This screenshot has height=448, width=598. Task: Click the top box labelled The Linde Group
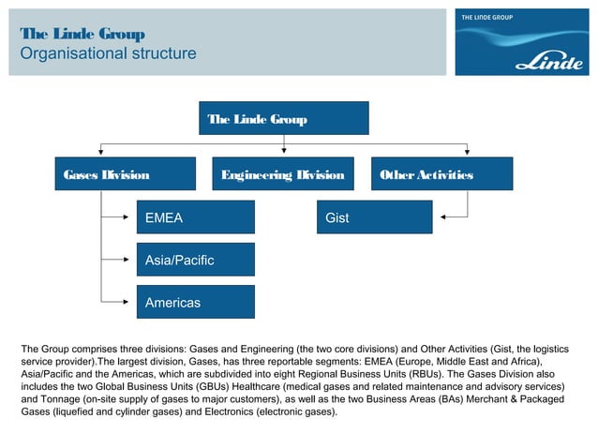[x=287, y=118]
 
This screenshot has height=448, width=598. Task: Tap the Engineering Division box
[x=282, y=173]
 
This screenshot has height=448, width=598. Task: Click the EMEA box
[x=195, y=217]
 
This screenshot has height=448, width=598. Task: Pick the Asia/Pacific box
[x=195, y=260]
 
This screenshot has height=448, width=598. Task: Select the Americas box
[x=195, y=303]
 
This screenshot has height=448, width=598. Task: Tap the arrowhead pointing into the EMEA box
[x=131, y=217]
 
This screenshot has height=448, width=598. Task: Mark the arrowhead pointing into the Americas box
[x=131, y=302]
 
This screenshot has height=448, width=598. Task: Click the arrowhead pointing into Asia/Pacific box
[x=131, y=260]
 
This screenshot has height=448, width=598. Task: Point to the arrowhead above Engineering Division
[x=282, y=153]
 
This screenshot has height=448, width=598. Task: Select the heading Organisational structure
[x=109, y=53]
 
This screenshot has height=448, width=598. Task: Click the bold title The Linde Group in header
[x=82, y=35]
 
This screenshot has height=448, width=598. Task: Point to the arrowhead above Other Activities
[x=466, y=153]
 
